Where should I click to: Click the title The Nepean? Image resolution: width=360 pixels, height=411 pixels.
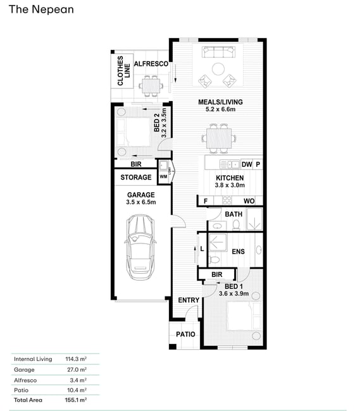pyautogui.click(x=41, y=9)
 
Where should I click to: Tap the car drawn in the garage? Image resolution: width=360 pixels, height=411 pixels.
pyautogui.click(x=140, y=247)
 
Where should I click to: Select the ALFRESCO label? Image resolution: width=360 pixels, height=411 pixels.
pyautogui.click(x=151, y=64)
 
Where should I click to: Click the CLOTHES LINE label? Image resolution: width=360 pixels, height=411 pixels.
pyautogui.click(x=123, y=71)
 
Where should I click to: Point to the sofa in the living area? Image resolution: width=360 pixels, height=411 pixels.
pyautogui.click(x=218, y=52)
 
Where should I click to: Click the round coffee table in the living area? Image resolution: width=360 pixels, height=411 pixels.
pyautogui.click(x=218, y=69)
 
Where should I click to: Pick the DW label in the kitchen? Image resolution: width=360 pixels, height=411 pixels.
pyautogui.click(x=247, y=164)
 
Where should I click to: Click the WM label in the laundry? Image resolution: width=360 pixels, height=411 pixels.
pyautogui.click(x=163, y=176)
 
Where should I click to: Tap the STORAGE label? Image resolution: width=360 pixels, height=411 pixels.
pyautogui.click(x=136, y=177)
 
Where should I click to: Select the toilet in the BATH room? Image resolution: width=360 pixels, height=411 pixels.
pyautogui.click(x=236, y=225)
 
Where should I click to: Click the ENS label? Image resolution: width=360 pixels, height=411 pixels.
pyautogui.click(x=238, y=252)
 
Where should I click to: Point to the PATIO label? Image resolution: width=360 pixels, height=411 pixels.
pyautogui.click(x=185, y=334)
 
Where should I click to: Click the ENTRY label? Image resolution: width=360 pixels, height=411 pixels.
pyautogui.click(x=189, y=300)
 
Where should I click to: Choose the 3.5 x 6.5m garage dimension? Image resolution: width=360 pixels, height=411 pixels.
pyautogui.click(x=141, y=202)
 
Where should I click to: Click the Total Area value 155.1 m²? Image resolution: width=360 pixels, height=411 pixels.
pyautogui.click(x=76, y=400)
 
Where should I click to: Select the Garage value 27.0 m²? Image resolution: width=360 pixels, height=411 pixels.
pyautogui.click(x=77, y=370)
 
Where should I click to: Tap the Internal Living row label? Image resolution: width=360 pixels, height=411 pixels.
pyautogui.click(x=33, y=359)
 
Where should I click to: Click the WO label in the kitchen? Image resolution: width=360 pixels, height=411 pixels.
pyautogui.click(x=249, y=201)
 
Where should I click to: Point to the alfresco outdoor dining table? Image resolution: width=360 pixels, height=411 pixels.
pyautogui.click(x=151, y=86)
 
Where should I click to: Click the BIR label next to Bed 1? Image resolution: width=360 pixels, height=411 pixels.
pyautogui.click(x=217, y=274)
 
